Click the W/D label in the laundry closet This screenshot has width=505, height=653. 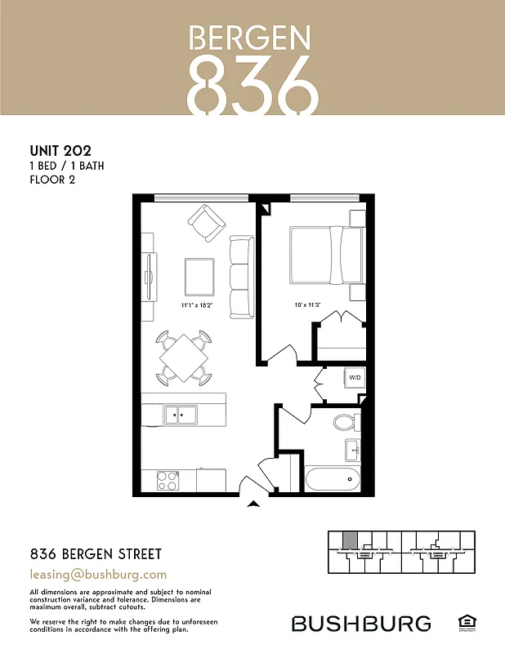[355, 379]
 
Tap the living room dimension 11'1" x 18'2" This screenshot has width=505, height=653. [196, 306]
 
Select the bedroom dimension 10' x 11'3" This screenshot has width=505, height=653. [307, 306]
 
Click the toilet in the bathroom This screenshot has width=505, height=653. [346, 423]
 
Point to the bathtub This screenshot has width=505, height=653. [333, 479]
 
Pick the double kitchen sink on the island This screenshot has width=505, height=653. [180, 415]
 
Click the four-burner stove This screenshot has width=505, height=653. [168, 480]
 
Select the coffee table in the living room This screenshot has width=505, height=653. [200, 277]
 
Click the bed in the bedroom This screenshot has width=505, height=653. [325, 255]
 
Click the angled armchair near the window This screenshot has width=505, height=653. [206, 220]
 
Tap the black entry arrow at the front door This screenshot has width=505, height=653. [254, 505]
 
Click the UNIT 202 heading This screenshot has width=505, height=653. [60, 150]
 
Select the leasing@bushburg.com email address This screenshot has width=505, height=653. [98, 575]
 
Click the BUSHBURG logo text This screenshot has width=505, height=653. [361, 624]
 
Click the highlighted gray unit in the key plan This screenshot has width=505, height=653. [349, 540]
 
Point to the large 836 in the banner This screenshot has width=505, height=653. [251, 84]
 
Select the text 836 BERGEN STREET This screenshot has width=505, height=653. [96, 554]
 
